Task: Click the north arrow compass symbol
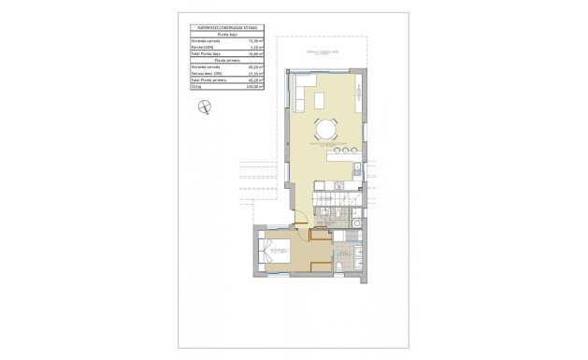pos(203,111)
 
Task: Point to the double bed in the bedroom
pos(276,253)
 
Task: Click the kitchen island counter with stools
pos(339,156)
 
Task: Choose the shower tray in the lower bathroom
pos(355,262)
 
